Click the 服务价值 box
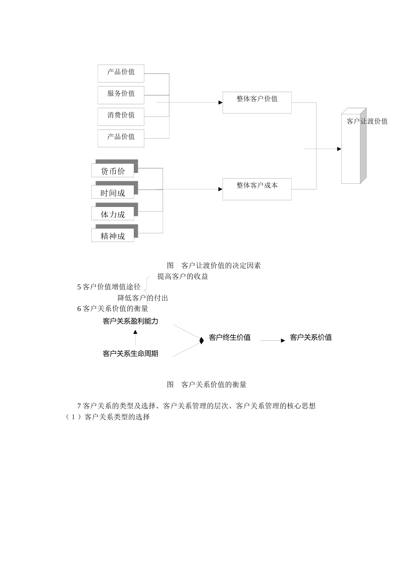[121, 94]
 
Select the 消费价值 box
[121, 116]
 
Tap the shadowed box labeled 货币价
[113, 171]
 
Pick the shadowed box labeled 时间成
[113, 192]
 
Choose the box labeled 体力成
[113, 214]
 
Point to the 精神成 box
[113, 236]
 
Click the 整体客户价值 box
[257, 103]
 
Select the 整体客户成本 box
[257, 189]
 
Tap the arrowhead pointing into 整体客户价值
[220, 103]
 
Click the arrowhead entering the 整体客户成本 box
[220, 189]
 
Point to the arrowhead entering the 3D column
[339, 149]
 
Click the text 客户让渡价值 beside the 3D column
[367, 121]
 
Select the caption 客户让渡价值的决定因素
[221, 265]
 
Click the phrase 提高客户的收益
[183, 276]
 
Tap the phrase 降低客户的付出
[143, 298]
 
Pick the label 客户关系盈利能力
[130, 322]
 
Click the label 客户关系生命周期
[130, 354]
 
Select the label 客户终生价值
[230, 338]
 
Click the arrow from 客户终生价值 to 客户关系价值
[273, 341]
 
